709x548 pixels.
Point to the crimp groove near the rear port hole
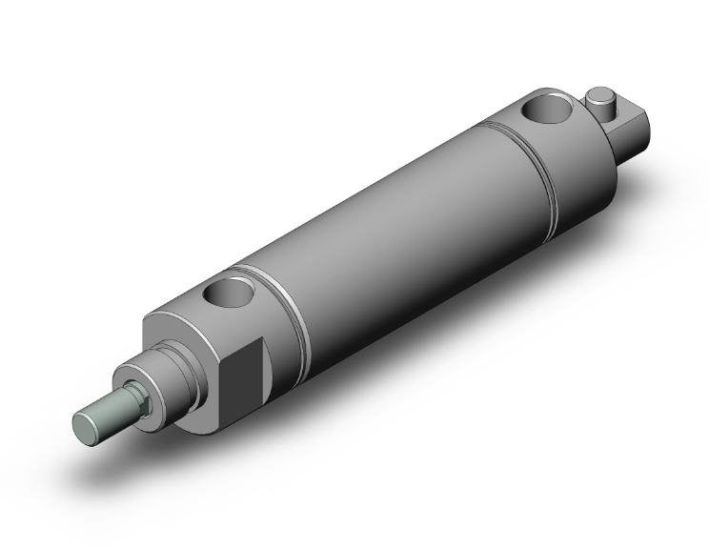[x=534, y=162]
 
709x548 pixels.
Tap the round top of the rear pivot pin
[x=599, y=94]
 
